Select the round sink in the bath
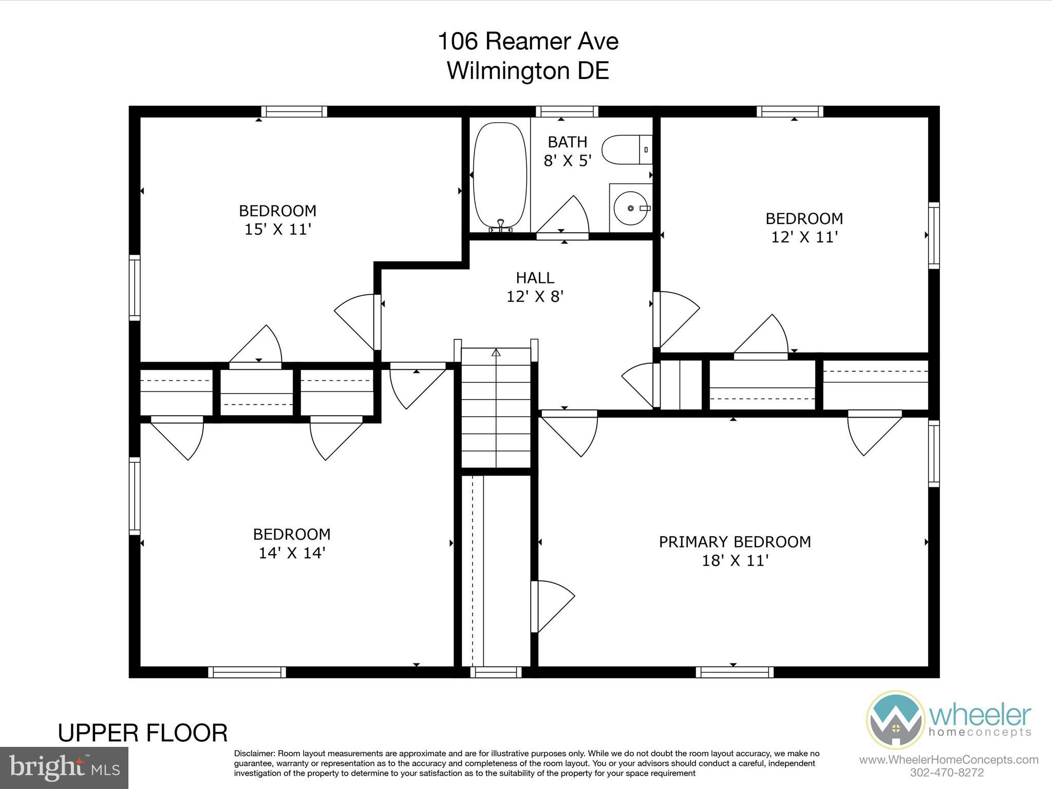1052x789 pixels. point(630,208)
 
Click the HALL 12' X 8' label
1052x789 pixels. point(535,287)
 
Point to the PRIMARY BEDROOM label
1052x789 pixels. point(735,542)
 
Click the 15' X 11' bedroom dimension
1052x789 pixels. point(278,229)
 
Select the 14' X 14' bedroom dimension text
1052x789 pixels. point(292,553)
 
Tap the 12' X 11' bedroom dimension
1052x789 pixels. point(804,237)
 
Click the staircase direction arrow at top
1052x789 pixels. point(496,352)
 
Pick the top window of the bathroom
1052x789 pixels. point(567,111)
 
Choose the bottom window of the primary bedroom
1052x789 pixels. point(735,672)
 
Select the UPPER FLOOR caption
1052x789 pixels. point(143,733)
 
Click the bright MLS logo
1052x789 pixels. point(64,768)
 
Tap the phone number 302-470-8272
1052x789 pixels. point(947,773)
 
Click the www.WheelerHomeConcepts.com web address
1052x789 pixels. point(948,760)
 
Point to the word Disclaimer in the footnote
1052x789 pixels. point(254,754)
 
